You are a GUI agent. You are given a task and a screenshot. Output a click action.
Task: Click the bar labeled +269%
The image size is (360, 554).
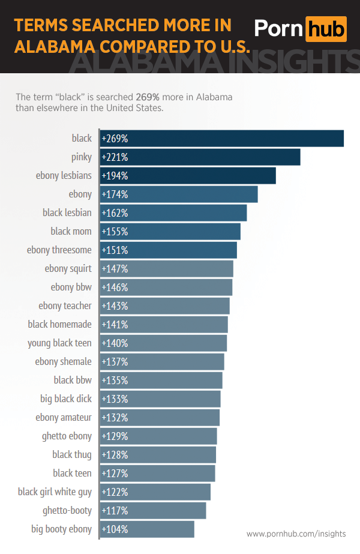tap(221, 139)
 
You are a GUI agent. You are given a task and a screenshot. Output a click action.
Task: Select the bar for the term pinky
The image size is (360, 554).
tap(200, 157)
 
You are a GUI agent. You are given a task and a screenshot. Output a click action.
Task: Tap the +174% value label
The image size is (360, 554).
tap(115, 194)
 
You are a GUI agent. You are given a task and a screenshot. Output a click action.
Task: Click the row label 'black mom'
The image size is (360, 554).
tap(71, 232)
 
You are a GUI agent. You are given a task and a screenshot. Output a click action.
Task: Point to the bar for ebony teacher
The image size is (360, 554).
tap(164, 306)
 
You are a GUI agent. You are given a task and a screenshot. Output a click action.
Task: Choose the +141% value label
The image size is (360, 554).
tap(115, 325)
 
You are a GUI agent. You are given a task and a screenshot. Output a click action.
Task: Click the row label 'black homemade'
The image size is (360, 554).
tap(59, 325)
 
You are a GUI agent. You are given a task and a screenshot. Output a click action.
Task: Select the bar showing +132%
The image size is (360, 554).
tap(160, 418)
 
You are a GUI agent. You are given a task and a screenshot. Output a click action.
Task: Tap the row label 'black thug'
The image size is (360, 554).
tap(72, 455)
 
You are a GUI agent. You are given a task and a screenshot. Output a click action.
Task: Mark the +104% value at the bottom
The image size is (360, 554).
tap(115, 529)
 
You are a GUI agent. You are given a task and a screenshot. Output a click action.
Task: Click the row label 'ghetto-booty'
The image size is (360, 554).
tap(67, 511)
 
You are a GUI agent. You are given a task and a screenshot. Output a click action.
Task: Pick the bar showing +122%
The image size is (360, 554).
tap(155, 492)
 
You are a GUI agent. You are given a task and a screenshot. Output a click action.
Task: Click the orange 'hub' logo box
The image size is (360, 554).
tap(326, 29)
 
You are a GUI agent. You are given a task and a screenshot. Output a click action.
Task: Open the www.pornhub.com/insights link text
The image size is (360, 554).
tap(296, 534)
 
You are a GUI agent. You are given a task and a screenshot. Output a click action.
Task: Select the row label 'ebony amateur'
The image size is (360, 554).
tap(64, 418)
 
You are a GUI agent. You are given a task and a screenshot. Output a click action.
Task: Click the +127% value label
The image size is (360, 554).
tap(115, 474)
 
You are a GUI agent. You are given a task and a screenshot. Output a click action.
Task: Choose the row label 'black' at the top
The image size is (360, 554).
tap(82, 139)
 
